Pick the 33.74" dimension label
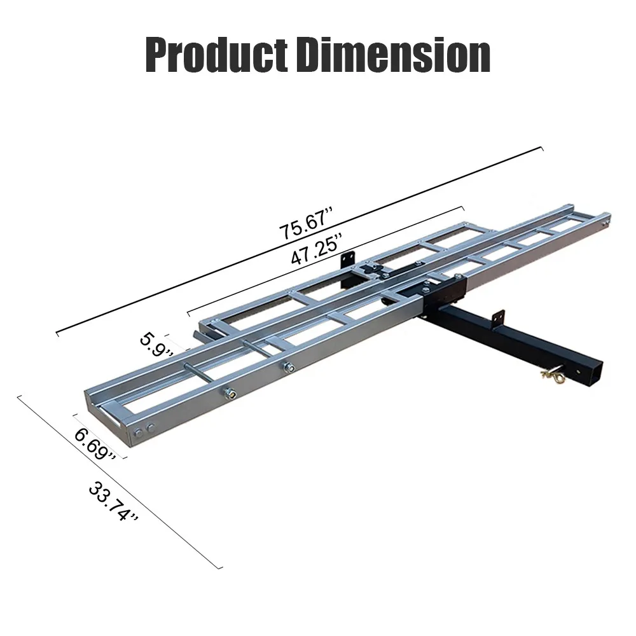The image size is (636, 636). tap(114, 502)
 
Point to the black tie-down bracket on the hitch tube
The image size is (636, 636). tap(499, 316)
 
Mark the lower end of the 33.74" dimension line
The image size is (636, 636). tap(222, 568)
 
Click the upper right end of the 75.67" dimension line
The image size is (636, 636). tap(543, 148)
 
